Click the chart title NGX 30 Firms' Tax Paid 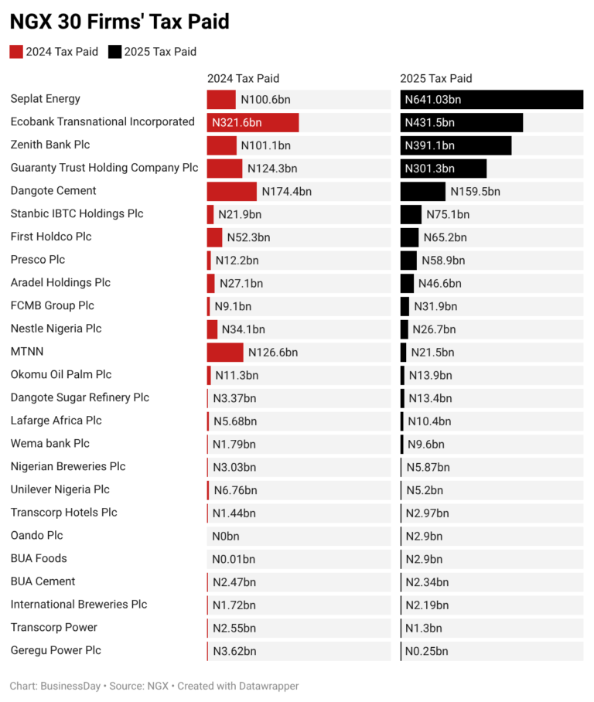pyautogui.click(x=119, y=22)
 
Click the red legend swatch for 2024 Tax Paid pyautogui.click(x=16, y=52)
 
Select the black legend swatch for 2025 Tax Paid pyautogui.click(x=114, y=52)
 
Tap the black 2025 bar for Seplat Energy pyautogui.click(x=491, y=100)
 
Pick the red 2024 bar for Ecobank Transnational pyautogui.click(x=252, y=123)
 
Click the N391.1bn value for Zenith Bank pyautogui.click(x=430, y=145)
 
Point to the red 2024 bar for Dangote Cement pyautogui.click(x=231, y=192)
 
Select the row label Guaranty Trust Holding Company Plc pyautogui.click(x=104, y=168)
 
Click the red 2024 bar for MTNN pyautogui.click(x=225, y=353)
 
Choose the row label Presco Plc pyautogui.click(x=38, y=260)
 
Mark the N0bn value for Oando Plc pyautogui.click(x=226, y=537)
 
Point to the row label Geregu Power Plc pyautogui.click(x=56, y=650)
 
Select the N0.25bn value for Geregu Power pyautogui.click(x=427, y=652)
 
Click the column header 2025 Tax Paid pyautogui.click(x=435, y=78)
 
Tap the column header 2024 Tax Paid pyautogui.click(x=243, y=78)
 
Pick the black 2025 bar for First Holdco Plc pyautogui.click(x=409, y=237)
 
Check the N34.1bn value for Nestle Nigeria pyautogui.click(x=244, y=330)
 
